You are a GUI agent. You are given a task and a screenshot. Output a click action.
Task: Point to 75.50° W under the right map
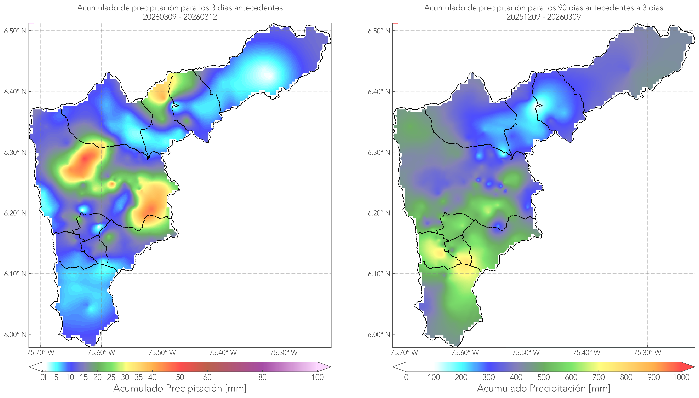[x=526, y=353]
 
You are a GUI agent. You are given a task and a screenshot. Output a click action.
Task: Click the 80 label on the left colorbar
[x=262, y=377]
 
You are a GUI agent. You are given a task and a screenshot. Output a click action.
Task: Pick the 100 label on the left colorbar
[x=317, y=377]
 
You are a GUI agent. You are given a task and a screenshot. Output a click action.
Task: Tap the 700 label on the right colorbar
[x=598, y=377]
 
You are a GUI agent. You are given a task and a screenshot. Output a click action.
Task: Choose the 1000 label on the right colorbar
[x=681, y=377]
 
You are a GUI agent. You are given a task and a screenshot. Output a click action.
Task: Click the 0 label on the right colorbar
[x=406, y=377]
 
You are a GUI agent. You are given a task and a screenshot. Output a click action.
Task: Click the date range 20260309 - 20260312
[x=180, y=17]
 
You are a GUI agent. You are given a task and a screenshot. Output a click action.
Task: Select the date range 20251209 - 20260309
[x=544, y=17]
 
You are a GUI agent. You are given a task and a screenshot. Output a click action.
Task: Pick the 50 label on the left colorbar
[x=180, y=377]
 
